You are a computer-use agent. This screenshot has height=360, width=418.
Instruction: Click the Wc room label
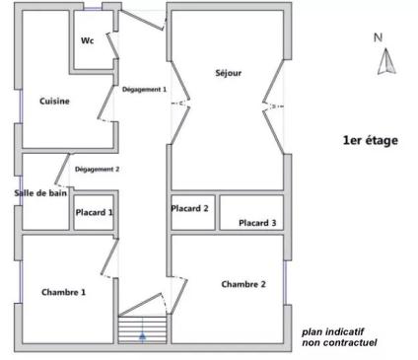88,40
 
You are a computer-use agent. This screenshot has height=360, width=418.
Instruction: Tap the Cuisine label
54,101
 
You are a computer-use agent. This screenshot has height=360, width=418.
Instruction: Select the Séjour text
229,73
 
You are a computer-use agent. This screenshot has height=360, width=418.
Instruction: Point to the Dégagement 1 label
144,89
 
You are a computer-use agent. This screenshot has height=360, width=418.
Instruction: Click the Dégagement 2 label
97,170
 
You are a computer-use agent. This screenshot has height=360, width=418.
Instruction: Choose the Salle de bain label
40,193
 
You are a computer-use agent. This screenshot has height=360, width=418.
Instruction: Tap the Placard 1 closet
94,212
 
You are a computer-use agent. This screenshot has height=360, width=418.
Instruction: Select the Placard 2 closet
193,212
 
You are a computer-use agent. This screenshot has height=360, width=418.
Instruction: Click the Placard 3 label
257,223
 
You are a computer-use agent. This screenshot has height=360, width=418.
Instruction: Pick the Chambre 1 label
63,292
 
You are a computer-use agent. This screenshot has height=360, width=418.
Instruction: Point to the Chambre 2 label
244,284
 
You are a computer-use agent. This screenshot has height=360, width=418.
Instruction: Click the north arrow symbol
386,61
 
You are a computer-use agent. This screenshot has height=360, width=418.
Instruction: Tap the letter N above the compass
378,37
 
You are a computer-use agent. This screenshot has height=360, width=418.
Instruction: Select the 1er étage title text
371,140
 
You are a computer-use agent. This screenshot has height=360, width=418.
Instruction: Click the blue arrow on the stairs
142,334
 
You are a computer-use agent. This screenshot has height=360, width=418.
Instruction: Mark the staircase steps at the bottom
142,330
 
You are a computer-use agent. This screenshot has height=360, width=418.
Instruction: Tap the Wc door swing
112,45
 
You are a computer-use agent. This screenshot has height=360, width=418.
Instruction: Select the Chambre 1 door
109,257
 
